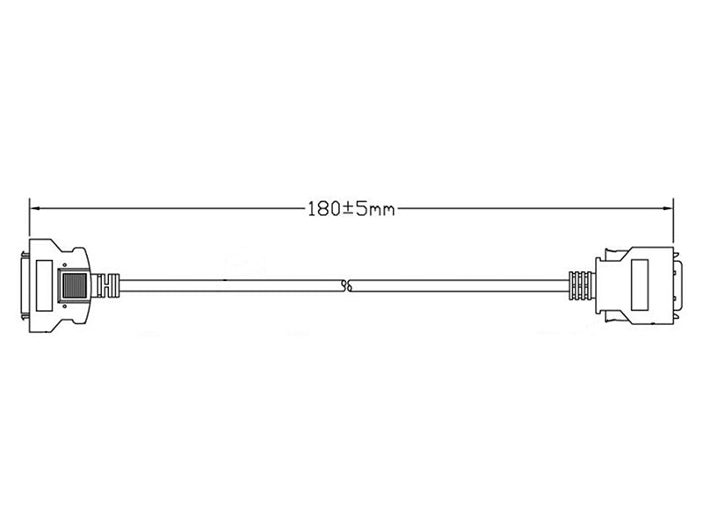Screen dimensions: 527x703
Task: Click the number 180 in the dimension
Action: click(323, 209)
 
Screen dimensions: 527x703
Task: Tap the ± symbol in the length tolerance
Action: click(347, 209)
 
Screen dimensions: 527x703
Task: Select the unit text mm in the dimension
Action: click(379, 210)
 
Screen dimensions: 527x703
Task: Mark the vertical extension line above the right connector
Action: click(673, 220)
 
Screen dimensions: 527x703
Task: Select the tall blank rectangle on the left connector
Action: click(42, 285)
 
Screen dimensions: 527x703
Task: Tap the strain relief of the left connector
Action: click(107, 285)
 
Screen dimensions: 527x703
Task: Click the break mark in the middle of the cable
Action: click(348, 285)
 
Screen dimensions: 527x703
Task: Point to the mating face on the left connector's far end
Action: click(25, 285)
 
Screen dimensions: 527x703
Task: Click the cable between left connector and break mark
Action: click(228, 285)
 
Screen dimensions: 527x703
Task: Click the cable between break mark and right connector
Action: click(457, 285)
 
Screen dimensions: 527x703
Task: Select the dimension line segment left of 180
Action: click(167, 209)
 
